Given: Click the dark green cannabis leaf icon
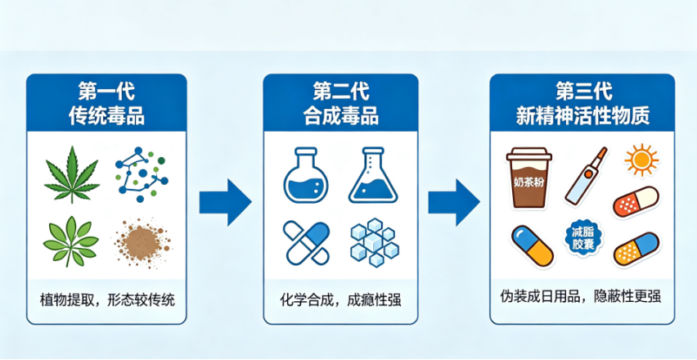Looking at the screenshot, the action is coord(71,175).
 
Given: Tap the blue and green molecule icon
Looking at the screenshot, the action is coord(142,174).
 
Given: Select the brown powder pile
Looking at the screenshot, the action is coord(142,243).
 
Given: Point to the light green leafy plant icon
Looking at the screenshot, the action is coord(70,241).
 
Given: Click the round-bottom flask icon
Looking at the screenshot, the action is coord(305,175).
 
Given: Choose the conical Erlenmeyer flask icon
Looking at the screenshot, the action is coord(372,175).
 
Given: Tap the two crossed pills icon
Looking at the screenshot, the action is coord(306,243).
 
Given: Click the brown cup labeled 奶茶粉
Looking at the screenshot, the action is coord(529,178).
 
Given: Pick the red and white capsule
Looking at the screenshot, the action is coord(635,202).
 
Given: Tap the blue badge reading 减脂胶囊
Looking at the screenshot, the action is coord(584,239).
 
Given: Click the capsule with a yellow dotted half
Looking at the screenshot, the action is coord(636,250).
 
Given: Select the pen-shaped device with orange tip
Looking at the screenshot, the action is coord(586,177).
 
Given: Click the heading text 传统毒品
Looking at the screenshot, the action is coord(106,116).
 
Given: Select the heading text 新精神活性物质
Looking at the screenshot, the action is coord(582,116).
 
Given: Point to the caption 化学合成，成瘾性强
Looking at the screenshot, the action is coord(341,299).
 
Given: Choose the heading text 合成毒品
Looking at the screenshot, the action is coord(341,116).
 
